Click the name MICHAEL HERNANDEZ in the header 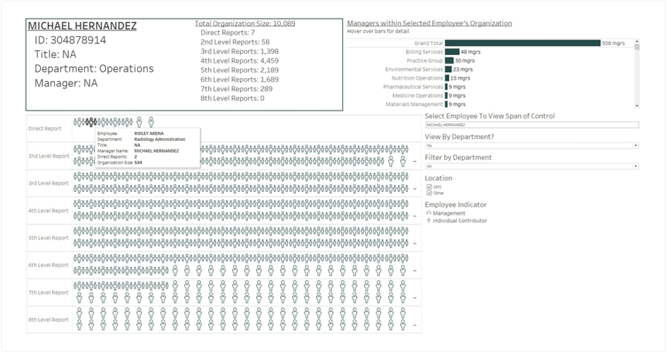(x=82, y=26)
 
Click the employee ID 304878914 (x=70, y=40)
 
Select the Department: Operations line (x=93, y=69)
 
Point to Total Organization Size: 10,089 (x=245, y=23)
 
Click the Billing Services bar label (x=424, y=52)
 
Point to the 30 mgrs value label (x=465, y=61)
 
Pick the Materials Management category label (x=414, y=104)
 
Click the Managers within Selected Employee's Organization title (x=429, y=23)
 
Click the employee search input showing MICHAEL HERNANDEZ (x=531, y=125)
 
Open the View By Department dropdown (x=531, y=145)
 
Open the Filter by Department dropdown (x=531, y=166)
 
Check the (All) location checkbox (x=429, y=186)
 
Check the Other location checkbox (x=429, y=192)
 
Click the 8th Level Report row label (x=48, y=320)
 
